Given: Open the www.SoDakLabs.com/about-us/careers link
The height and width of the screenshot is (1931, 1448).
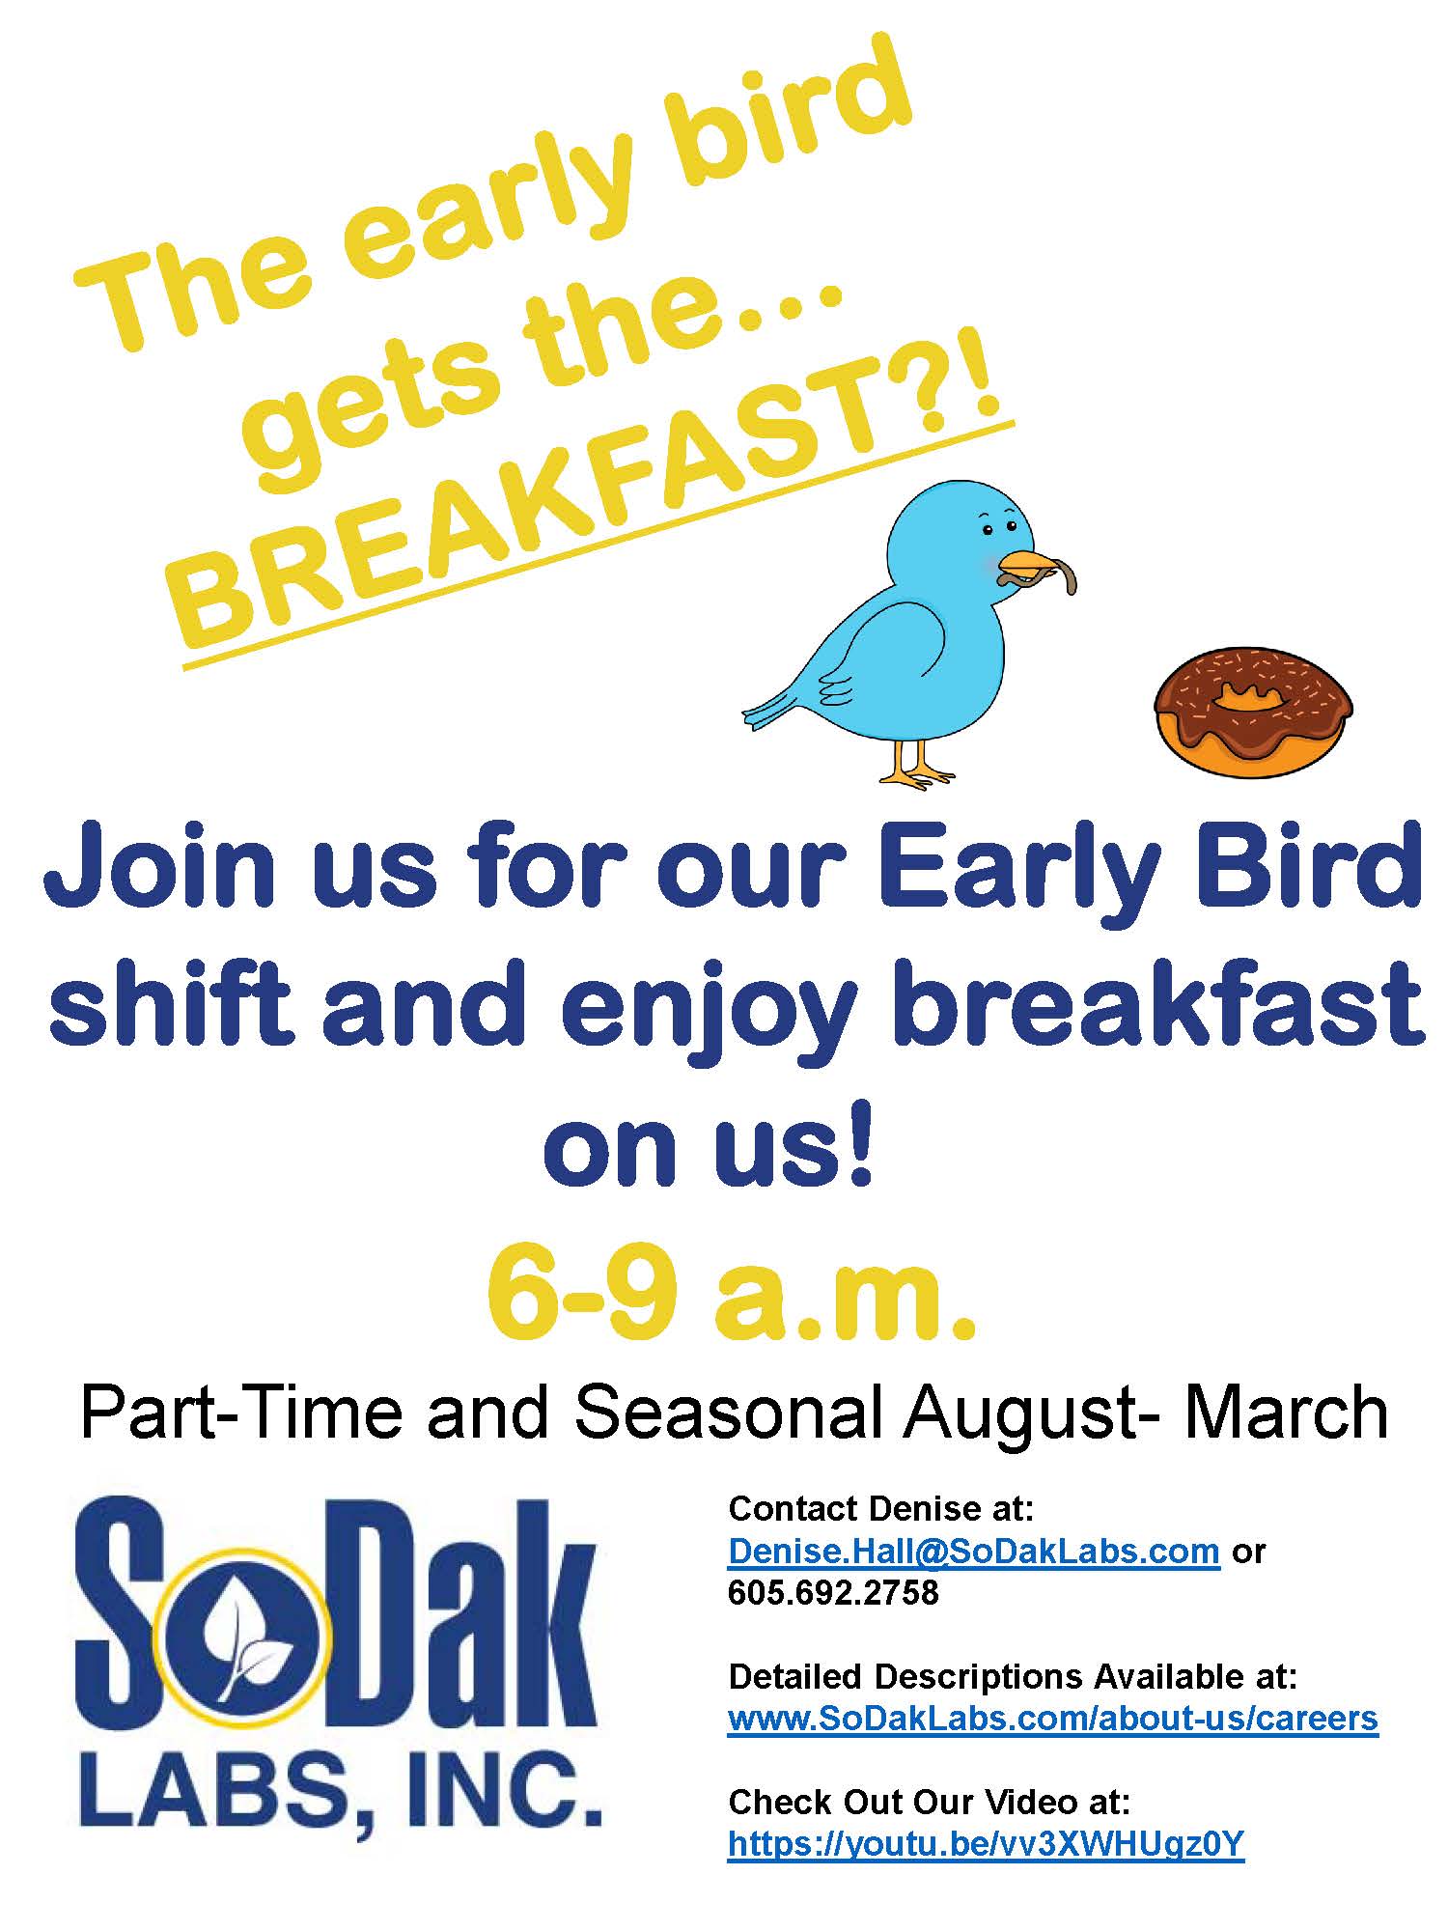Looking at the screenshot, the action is [1052, 1718].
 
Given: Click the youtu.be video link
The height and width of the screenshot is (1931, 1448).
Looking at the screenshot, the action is [986, 1843].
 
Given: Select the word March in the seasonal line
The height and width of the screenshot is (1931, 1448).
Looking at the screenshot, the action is [1286, 1413].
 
